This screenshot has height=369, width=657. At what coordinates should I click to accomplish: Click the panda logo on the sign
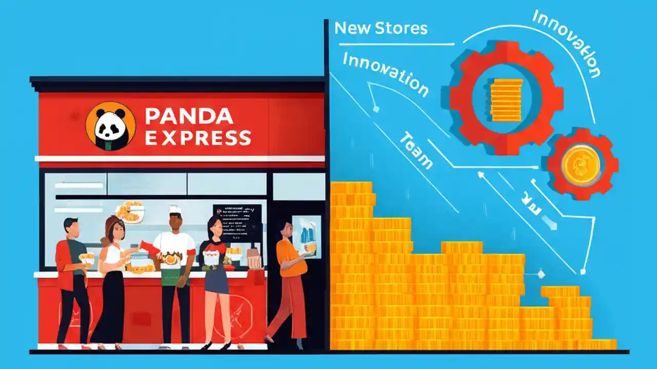tap(110, 126)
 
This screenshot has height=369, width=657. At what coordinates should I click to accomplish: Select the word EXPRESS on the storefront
tap(198, 138)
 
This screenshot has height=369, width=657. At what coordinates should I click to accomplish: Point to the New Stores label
tap(381, 28)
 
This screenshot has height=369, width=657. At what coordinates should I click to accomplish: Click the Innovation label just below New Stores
tap(385, 74)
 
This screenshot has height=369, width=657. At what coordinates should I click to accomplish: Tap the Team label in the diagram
tap(416, 151)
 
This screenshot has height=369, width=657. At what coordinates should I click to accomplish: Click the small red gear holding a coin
tap(582, 164)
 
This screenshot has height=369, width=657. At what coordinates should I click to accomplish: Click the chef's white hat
tap(175, 209)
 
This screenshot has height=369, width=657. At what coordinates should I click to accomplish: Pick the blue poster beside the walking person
tap(307, 236)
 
